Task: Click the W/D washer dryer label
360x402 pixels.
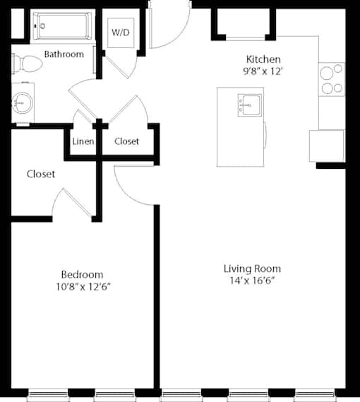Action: pos(121,32)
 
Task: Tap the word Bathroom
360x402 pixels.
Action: pos(64,54)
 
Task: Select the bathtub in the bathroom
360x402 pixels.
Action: pos(61,26)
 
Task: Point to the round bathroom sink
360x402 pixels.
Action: pos(23,103)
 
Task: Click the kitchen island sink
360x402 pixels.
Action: pos(250,105)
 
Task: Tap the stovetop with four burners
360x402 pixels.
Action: pos(332,79)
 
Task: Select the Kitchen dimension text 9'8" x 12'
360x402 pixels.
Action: pos(263,71)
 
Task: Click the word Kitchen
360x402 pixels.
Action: pos(263,59)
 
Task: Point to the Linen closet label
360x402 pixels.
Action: pos(83,141)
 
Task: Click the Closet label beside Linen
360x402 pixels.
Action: pos(126,141)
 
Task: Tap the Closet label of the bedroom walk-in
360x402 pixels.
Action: pos(41,174)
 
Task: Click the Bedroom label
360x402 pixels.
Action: pos(83,275)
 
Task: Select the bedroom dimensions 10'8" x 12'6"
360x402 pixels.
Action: pos(83,287)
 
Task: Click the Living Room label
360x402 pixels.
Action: pos(253,268)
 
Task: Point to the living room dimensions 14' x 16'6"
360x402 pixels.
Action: pos(252,280)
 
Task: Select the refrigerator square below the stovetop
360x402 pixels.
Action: pos(327,146)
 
